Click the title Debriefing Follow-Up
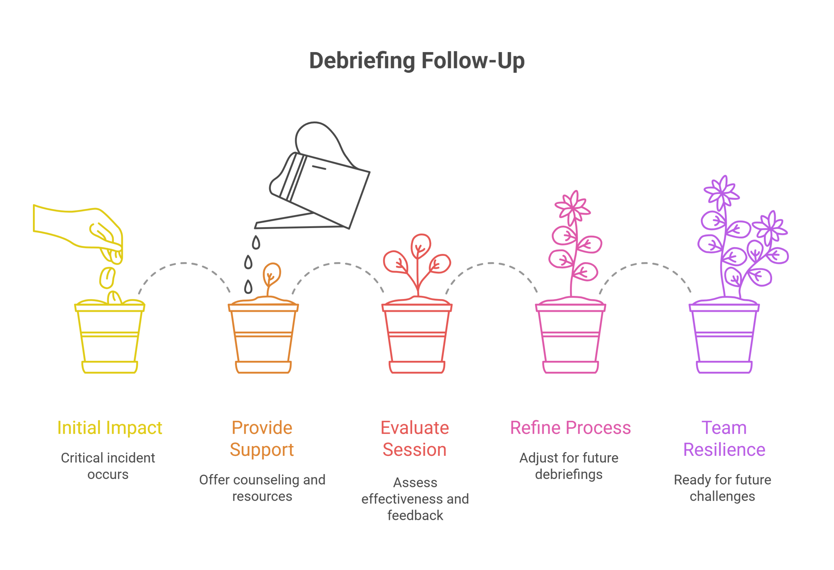click(x=417, y=61)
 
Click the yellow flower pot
click(x=109, y=337)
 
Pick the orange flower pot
click(x=263, y=337)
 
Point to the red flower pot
click(x=417, y=337)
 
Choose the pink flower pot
click(x=570, y=337)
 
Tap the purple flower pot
click(x=724, y=337)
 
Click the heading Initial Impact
click(x=109, y=428)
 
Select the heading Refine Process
click(x=570, y=428)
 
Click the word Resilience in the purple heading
click(x=724, y=450)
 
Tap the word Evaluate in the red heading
click(x=414, y=428)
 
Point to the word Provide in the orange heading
click(x=262, y=428)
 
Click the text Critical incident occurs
click(x=108, y=466)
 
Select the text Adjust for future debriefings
click(x=569, y=466)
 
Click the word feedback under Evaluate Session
click(x=415, y=515)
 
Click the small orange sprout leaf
click(x=272, y=274)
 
